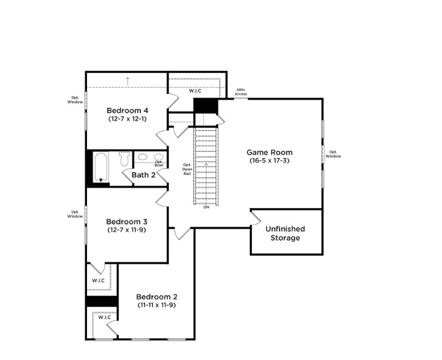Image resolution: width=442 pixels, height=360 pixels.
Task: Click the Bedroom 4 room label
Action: [x=128, y=110]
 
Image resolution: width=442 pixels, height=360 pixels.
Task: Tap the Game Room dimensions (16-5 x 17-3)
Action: [x=270, y=161]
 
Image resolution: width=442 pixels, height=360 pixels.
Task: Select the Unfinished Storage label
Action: [x=285, y=233]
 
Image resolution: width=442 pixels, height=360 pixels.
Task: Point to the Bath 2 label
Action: [x=143, y=175]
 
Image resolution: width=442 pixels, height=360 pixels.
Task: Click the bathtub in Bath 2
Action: [x=101, y=167]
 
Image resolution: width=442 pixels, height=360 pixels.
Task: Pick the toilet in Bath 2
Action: [x=124, y=159]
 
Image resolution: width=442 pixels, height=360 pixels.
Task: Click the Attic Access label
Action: [x=241, y=92]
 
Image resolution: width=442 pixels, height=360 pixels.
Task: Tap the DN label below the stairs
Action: [x=206, y=208]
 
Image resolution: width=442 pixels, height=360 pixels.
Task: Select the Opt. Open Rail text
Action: [x=187, y=169]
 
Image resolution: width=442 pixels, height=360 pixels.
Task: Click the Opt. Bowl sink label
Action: [x=159, y=163]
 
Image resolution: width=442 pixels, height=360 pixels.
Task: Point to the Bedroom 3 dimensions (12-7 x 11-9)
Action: [x=127, y=230]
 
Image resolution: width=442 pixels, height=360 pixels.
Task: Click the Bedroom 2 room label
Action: [x=157, y=297]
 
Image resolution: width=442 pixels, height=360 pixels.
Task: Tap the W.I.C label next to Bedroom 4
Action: [x=195, y=91]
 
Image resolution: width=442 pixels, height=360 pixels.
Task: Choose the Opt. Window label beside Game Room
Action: [x=333, y=154]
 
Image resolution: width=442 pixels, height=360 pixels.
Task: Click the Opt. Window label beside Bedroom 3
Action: [x=75, y=214]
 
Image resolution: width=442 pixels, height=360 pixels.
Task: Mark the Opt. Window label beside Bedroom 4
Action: [x=75, y=100]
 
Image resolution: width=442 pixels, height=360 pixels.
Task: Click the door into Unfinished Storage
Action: [x=256, y=217]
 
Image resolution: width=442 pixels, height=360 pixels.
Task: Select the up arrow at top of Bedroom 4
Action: [x=128, y=81]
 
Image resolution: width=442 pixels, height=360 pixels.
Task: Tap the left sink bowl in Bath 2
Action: [x=142, y=157]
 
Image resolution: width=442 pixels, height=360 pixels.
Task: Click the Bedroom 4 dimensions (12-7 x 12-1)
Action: [x=128, y=119]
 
